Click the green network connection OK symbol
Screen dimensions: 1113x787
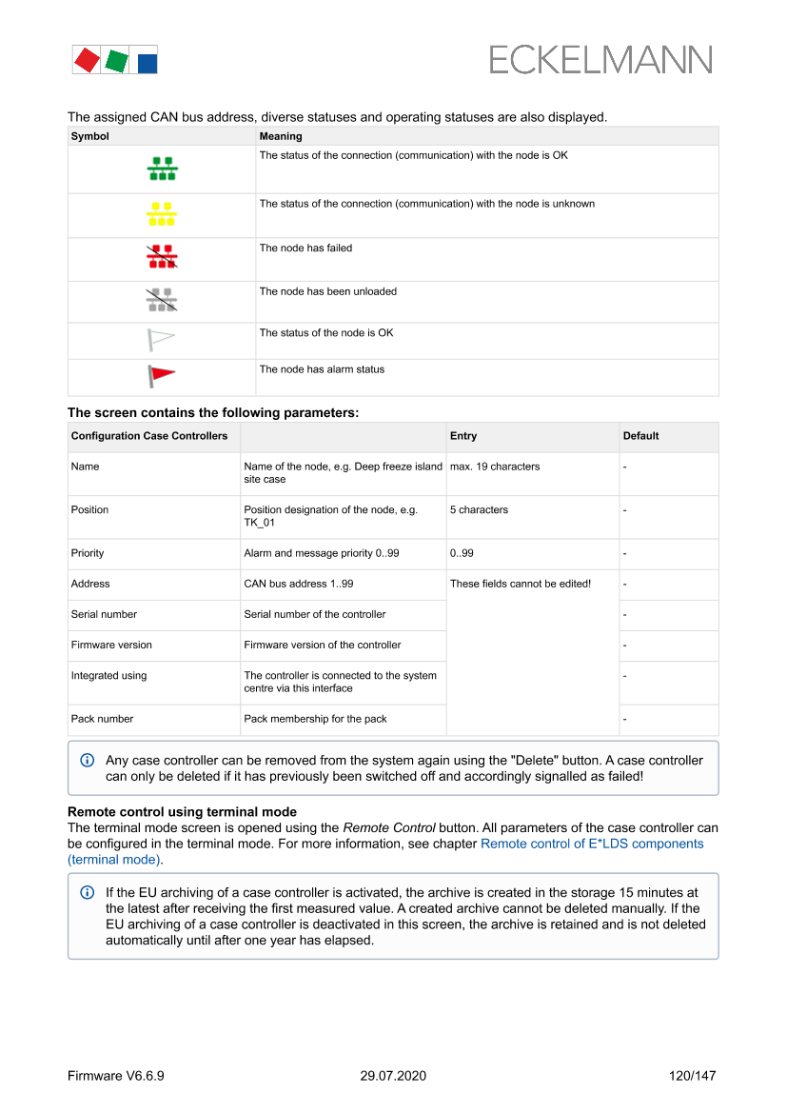click(x=162, y=169)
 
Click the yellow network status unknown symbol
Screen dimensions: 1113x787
click(x=162, y=214)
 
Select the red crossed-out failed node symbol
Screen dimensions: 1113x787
click(x=162, y=256)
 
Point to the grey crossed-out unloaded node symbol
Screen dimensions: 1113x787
click(x=162, y=300)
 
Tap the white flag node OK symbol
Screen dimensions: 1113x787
click(x=161, y=339)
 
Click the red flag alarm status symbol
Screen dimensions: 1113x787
click(x=161, y=376)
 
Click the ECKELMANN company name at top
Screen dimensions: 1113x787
click(x=600, y=61)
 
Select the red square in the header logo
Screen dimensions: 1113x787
click(x=87, y=61)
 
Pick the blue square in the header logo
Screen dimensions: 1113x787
click(x=148, y=64)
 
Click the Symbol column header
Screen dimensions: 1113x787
click(x=90, y=136)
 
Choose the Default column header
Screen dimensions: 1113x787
click(x=640, y=436)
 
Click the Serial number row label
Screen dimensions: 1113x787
click(x=104, y=614)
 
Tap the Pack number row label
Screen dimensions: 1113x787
click(x=102, y=719)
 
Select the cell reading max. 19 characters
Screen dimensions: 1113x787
click(x=495, y=467)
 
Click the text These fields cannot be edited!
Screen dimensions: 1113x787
click(x=521, y=584)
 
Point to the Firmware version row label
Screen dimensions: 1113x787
click(x=111, y=645)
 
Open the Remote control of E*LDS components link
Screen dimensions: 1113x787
click(x=592, y=844)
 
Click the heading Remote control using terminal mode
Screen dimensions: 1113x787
click(x=182, y=812)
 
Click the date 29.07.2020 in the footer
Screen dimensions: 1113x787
click(x=393, y=1076)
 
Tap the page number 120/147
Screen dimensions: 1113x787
click(x=692, y=1076)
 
